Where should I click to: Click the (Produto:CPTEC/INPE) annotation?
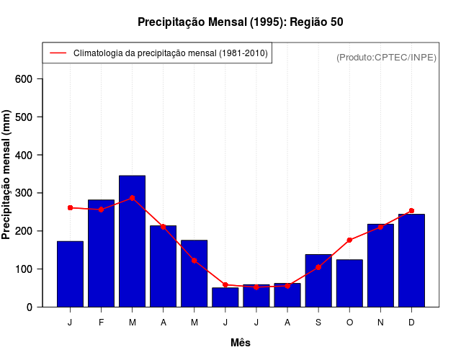pos(386,57)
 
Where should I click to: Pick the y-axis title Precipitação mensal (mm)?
pos(7,174)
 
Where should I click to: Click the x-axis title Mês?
pos(241,343)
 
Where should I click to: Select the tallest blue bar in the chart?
pos(133,241)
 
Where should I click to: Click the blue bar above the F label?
pos(102,253)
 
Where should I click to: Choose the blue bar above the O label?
pos(349,283)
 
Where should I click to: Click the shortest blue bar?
pos(225,297)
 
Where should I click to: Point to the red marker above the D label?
pos(411,211)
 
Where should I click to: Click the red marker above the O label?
pos(349,240)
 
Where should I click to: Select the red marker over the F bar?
pos(102,210)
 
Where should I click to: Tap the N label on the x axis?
pos(380,323)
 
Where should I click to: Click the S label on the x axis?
pos(318,323)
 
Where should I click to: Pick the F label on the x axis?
pos(102,323)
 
